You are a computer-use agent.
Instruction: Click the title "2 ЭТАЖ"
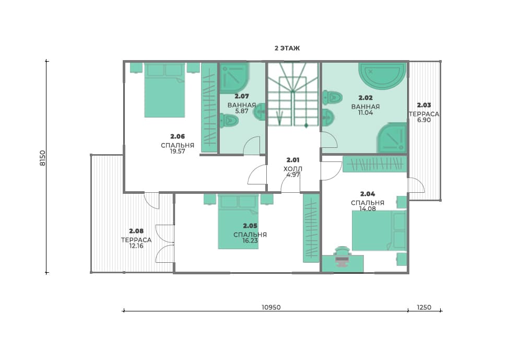(287, 48)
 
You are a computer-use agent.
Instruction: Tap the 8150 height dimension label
(43, 158)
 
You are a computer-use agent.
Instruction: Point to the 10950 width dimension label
(271, 307)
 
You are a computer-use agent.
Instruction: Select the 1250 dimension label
(424, 307)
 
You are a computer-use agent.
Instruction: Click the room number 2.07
(242, 96)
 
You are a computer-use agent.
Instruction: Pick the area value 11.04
(365, 113)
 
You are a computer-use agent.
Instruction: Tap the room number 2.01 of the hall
(293, 160)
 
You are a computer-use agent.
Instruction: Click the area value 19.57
(178, 152)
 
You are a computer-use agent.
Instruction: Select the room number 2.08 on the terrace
(136, 231)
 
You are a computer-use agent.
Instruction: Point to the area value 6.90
(424, 120)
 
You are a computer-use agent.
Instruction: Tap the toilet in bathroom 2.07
(229, 120)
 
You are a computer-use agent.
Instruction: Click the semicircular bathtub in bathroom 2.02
(382, 76)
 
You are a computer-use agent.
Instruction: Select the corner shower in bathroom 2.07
(234, 78)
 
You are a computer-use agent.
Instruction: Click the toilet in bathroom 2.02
(332, 97)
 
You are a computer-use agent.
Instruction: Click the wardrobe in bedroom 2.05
(311, 228)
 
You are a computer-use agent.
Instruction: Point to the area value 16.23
(250, 241)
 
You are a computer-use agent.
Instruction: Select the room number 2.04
(368, 194)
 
